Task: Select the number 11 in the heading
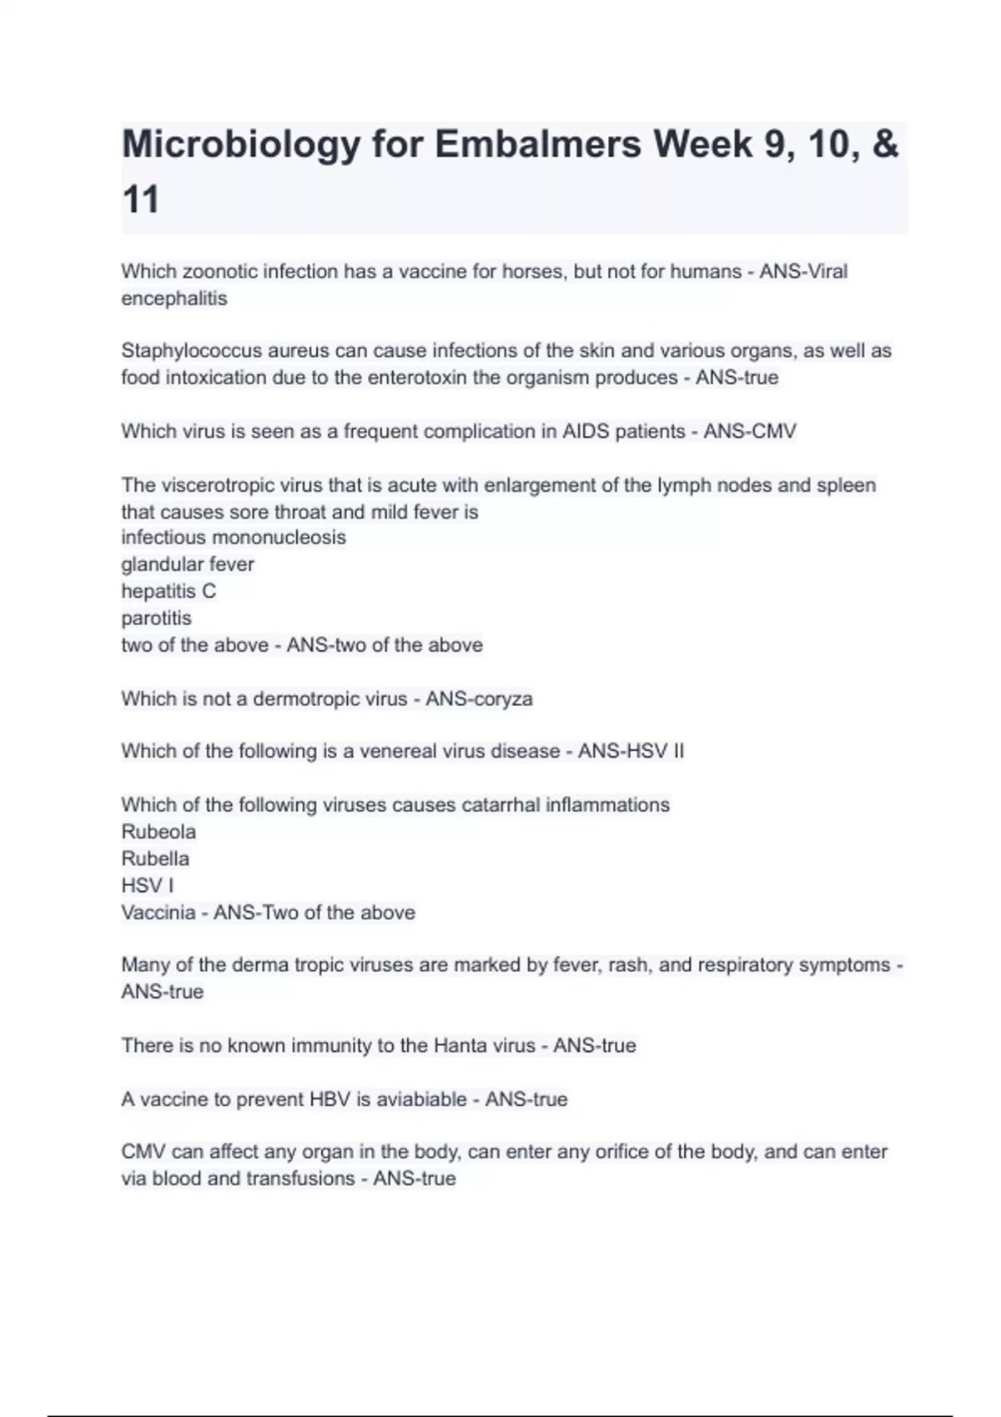140,200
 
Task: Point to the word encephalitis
174,298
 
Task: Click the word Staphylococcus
191,351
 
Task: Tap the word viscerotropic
218,485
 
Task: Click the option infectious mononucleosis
234,538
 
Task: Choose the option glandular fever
188,564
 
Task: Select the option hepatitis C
169,591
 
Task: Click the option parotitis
156,618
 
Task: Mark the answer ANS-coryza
479,698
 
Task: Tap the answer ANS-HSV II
631,751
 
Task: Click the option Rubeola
158,832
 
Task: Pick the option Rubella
155,859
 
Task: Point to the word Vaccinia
158,912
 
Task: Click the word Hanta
460,1045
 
